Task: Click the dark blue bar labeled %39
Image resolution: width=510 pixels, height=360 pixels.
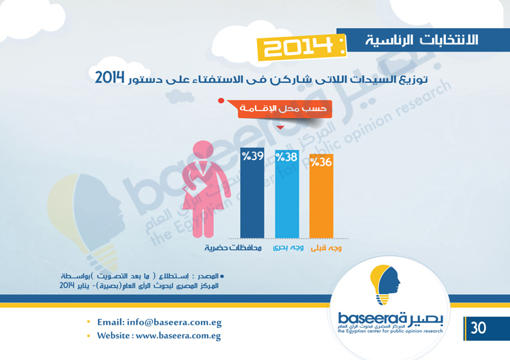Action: coord(252,193)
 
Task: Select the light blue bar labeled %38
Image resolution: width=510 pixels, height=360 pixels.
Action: coord(287,194)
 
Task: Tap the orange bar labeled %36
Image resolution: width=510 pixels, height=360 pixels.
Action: coord(321,196)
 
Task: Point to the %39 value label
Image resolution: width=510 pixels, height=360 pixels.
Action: coord(253,156)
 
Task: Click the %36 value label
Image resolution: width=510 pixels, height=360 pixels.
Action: coord(321,162)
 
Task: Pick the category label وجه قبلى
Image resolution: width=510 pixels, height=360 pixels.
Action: coord(326,248)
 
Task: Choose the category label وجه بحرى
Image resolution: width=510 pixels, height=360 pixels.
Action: coord(288,248)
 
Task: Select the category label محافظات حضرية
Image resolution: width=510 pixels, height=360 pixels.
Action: coord(233,248)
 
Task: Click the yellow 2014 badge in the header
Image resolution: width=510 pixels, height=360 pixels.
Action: coord(301,47)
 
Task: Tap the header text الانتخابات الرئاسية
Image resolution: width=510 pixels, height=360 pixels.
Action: coord(422,40)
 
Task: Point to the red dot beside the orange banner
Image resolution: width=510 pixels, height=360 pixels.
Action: coord(221,101)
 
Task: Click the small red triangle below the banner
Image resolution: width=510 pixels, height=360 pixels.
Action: coord(280,127)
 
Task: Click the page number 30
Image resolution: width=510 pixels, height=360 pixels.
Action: coord(478,328)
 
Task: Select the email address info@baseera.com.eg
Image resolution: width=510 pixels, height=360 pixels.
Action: coord(175,322)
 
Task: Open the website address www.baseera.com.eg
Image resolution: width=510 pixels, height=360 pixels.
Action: coord(178,336)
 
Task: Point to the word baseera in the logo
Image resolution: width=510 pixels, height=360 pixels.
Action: coord(364,318)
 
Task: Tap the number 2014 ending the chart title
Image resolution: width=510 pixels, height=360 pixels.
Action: coord(110,78)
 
